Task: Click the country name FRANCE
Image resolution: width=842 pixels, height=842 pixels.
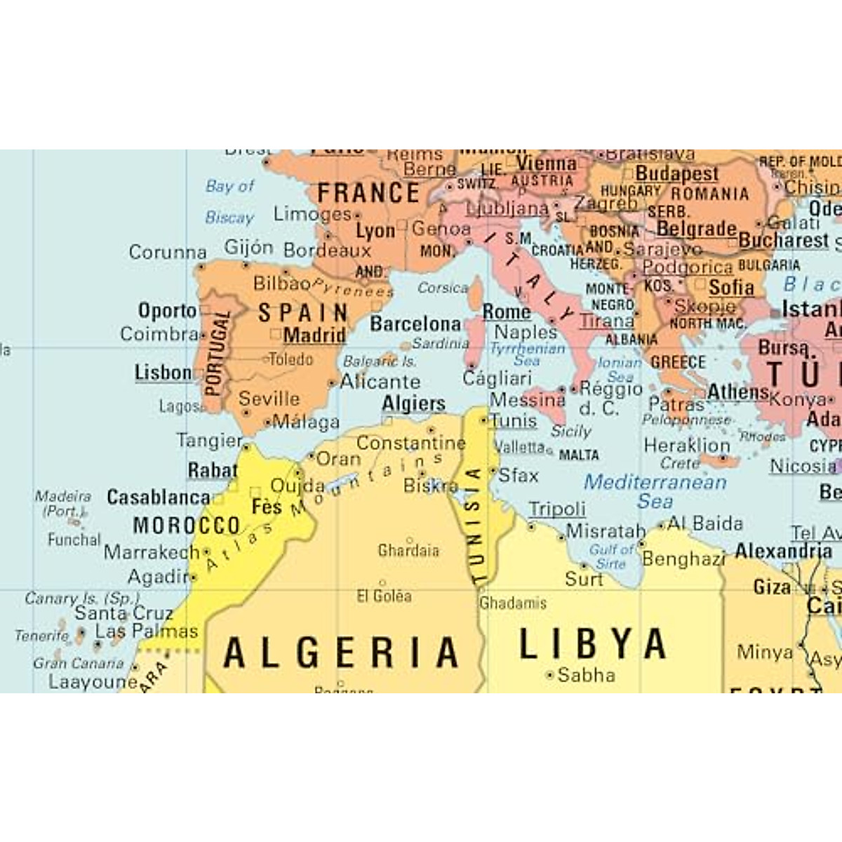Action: coord(368,193)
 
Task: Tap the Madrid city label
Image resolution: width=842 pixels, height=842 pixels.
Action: coord(314,335)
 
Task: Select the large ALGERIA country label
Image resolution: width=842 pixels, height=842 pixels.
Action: coord(342,653)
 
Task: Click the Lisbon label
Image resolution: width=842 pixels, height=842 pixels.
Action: coord(163,373)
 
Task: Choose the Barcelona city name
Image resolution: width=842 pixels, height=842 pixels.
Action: coord(415,324)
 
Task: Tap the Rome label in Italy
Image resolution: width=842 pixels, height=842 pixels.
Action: coord(506,312)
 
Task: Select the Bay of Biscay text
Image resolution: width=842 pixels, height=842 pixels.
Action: coord(229,201)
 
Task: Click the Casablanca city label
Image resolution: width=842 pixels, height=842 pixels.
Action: coord(159,497)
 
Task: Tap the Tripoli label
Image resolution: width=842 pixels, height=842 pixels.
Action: coord(557,509)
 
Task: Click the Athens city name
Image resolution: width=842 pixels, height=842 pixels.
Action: coord(738,392)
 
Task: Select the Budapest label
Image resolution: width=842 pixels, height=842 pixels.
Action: coord(676,173)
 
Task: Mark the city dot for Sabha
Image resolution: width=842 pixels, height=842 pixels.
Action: coord(549,675)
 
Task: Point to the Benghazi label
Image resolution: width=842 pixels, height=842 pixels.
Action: coord(683,559)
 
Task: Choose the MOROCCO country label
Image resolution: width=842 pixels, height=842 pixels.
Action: coord(187,526)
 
